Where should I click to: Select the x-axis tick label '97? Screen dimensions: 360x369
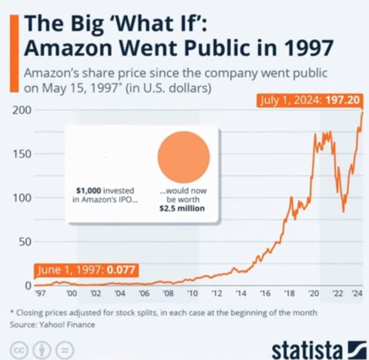tap(40, 293)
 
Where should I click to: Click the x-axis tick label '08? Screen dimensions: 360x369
tap(168, 293)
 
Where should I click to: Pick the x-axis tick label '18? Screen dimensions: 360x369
tap(289, 293)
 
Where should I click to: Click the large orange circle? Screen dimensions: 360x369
tap(183, 157)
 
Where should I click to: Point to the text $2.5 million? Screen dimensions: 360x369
tap(182, 208)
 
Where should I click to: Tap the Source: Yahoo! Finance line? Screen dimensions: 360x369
tap(53, 325)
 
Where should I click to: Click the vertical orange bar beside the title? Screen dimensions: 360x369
tap(15, 54)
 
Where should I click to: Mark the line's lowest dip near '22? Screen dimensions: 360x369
tap(343, 211)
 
